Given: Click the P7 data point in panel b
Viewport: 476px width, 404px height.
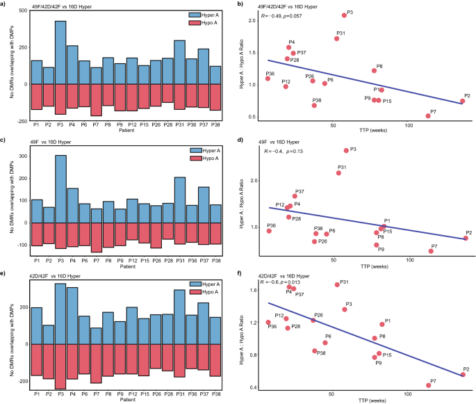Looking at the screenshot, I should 428,115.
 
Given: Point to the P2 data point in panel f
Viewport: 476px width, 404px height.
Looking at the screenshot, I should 463,375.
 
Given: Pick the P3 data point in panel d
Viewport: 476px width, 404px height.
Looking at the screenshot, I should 346,150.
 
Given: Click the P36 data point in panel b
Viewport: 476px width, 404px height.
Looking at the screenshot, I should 268,79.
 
